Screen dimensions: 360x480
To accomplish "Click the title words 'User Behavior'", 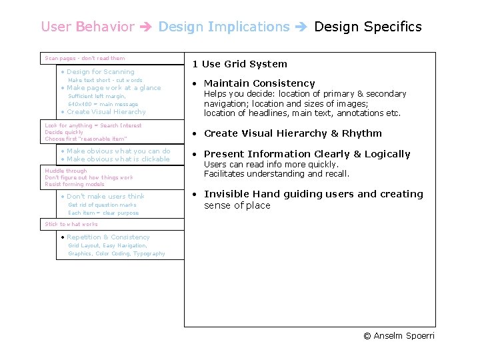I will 87,27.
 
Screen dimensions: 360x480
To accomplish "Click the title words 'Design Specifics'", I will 367,27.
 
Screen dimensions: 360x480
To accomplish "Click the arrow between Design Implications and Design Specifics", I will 301,27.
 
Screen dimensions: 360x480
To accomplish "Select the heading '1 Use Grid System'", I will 239,64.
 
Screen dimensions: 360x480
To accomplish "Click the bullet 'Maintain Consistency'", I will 259,83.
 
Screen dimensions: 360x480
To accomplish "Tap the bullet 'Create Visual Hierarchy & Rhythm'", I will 293,133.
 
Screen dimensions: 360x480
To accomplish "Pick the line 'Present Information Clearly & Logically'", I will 307,154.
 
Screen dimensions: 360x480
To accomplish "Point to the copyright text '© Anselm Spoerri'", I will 399,335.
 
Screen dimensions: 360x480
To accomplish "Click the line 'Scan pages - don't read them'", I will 85,59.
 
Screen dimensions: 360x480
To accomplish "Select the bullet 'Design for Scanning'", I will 100,72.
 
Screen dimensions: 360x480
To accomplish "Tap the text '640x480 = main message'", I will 103,104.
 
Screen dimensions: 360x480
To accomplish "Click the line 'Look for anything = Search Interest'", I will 93,125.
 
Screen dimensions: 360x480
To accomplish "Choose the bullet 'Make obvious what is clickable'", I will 118,159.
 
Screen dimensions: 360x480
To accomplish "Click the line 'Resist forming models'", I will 75,184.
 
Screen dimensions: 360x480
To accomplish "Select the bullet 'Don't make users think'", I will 105,197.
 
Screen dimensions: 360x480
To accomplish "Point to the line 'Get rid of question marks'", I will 102,205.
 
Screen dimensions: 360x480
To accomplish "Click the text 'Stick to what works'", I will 71,225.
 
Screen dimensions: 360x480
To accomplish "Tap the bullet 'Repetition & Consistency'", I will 108,237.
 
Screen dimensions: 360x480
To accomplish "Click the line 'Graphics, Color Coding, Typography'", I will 117,254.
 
